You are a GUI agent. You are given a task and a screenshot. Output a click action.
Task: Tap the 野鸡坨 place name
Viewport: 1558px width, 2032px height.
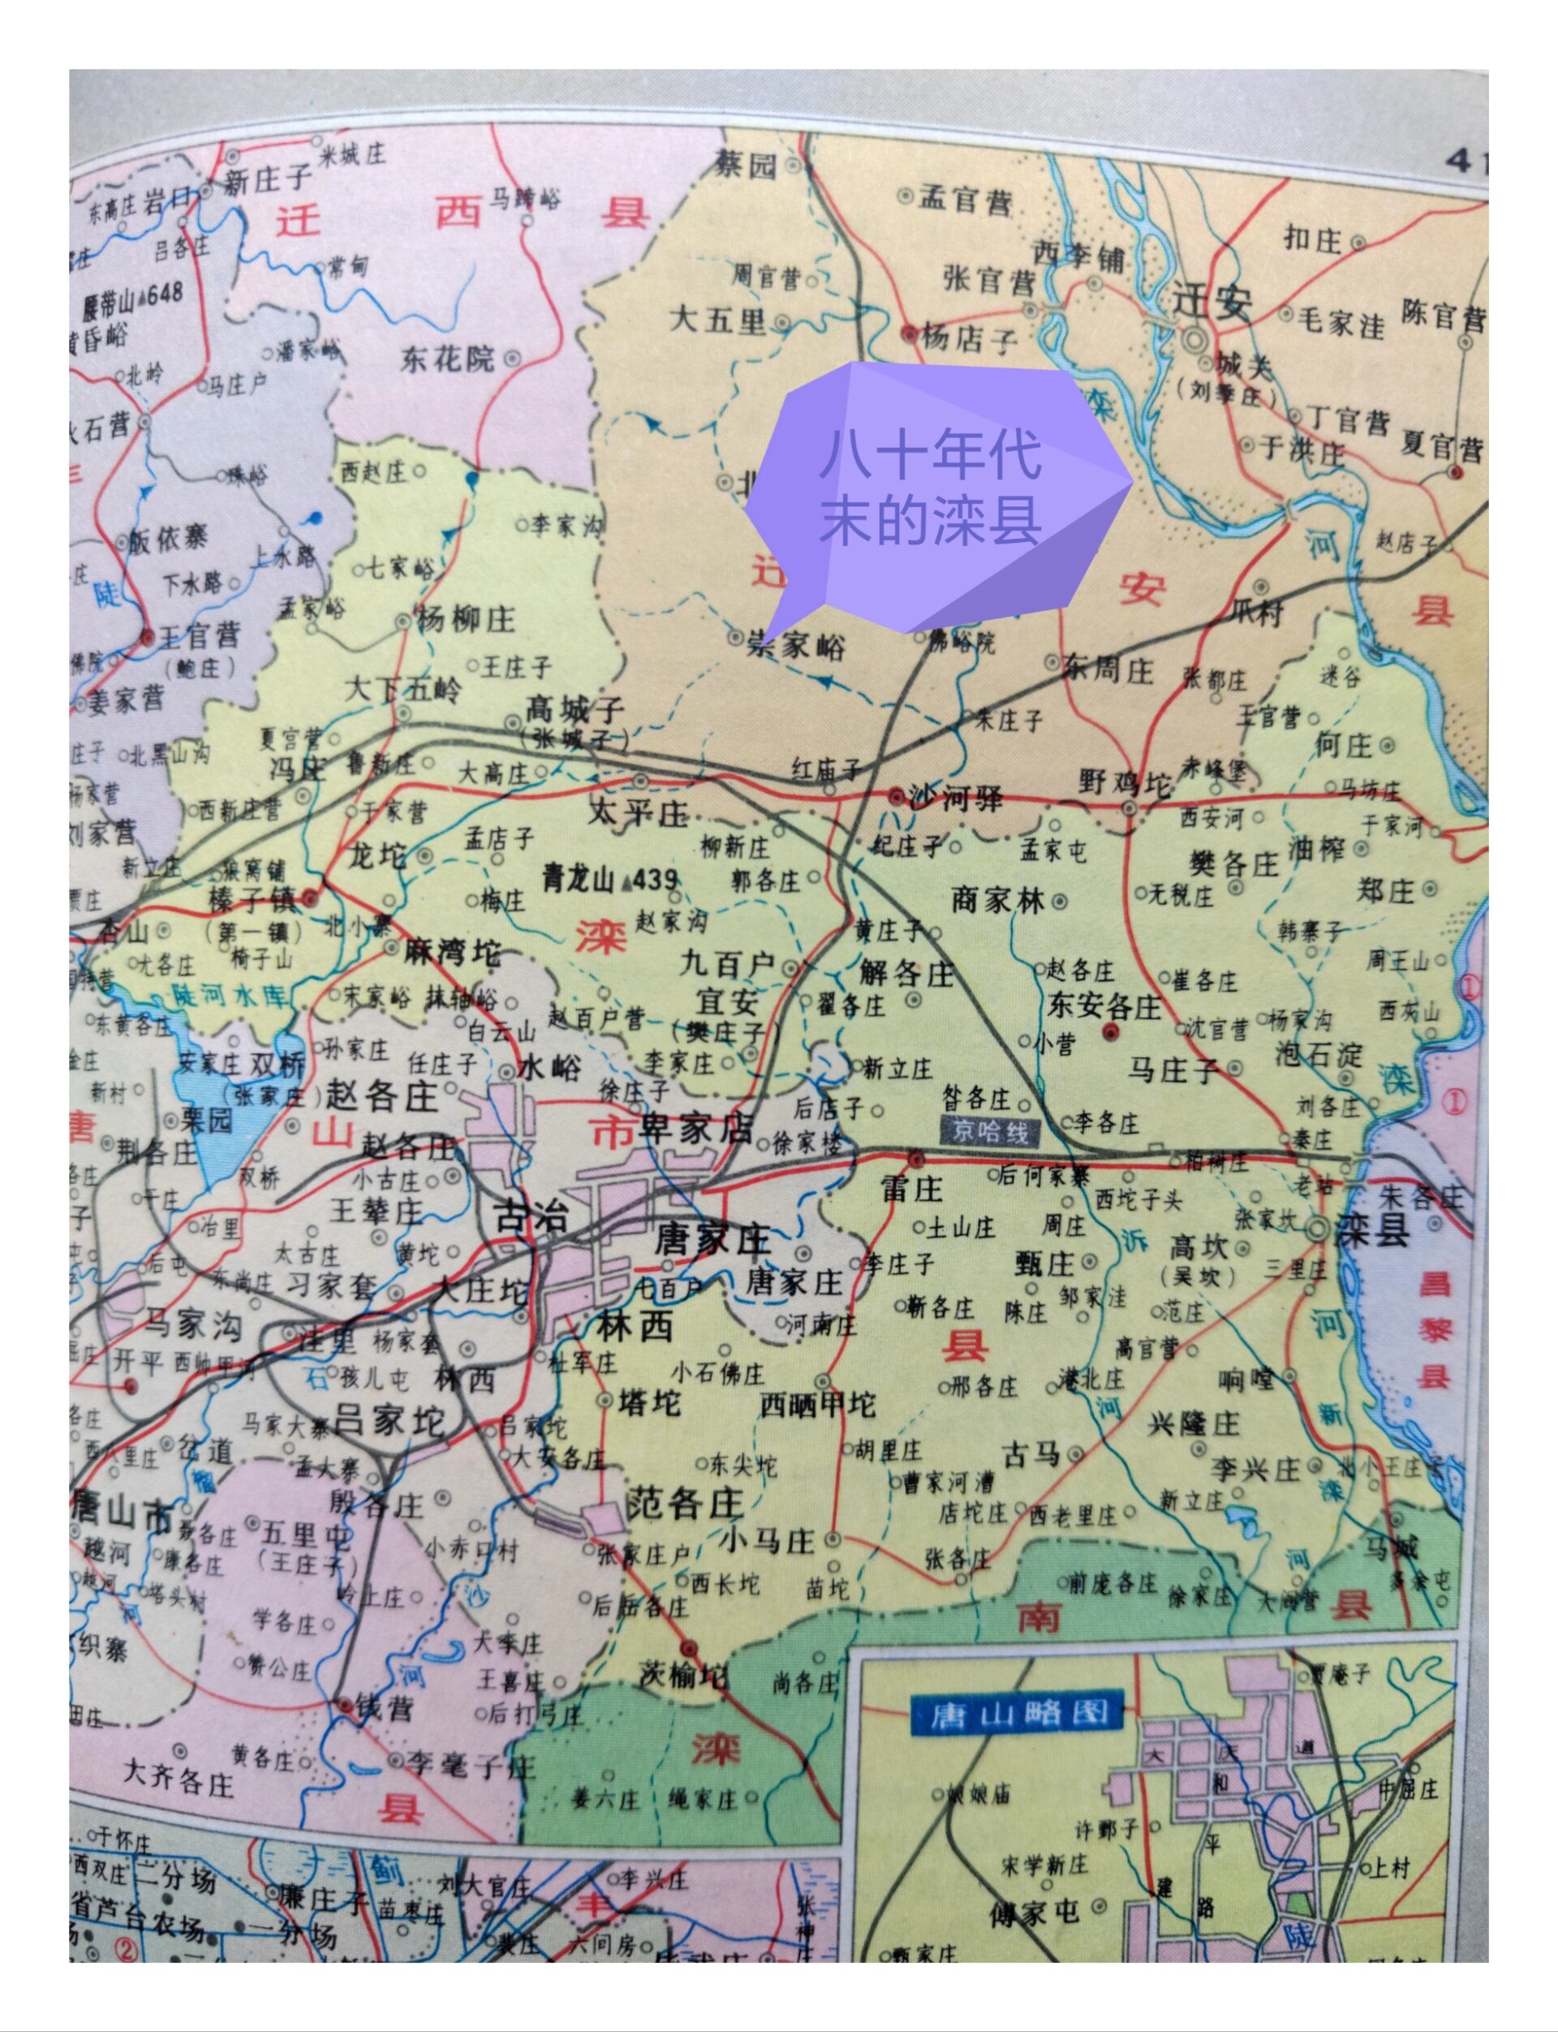[1125, 784]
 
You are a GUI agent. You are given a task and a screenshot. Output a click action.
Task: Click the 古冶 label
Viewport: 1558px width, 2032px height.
[532, 1216]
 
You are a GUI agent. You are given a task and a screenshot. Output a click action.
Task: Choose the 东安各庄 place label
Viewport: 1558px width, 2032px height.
[1104, 1006]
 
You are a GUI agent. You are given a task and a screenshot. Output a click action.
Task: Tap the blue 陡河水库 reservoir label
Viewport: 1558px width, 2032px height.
[230, 996]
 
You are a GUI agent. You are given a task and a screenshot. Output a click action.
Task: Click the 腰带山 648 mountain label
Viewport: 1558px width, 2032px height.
[132, 299]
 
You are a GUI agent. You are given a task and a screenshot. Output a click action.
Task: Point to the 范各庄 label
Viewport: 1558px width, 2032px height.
[686, 1500]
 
